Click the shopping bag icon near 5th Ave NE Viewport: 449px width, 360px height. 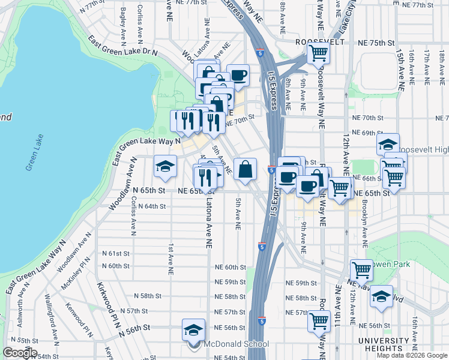point(246,169)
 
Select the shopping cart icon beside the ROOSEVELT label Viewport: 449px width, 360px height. point(318,53)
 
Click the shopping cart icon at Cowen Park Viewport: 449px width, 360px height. point(361,269)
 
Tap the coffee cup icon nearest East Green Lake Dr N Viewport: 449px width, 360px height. point(238,75)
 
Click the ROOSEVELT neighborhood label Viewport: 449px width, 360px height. point(321,43)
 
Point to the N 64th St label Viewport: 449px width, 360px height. point(151,206)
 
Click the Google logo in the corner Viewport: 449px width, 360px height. point(20,353)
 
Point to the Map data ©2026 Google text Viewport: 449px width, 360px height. point(411,355)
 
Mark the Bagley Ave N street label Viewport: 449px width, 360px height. point(123,20)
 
